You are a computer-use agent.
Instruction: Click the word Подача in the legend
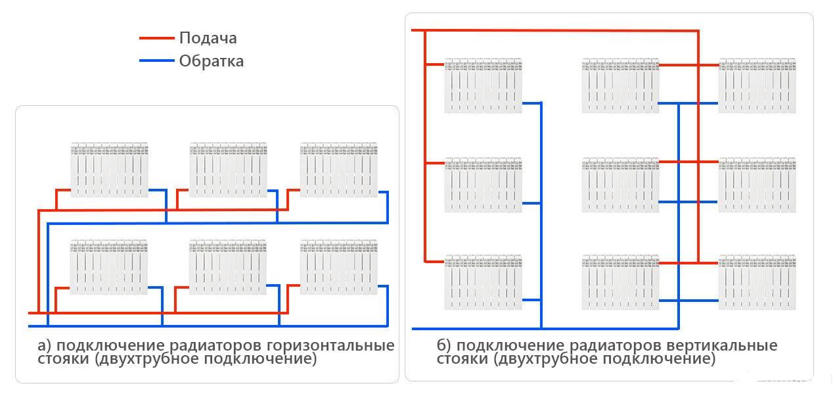(x=208, y=38)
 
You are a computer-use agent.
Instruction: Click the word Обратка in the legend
(x=211, y=61)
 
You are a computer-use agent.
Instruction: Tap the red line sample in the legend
(x=157, y=38)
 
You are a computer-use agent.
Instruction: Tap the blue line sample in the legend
(x=157, y=61)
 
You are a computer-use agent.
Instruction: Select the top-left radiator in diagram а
(x=110, y=169)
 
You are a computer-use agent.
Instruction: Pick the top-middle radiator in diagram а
(x=229, y=169)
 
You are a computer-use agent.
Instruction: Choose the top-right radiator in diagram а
(x=339, y=169)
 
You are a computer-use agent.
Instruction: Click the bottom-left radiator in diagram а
(x=110, y=267)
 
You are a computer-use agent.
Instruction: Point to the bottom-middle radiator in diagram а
(x=229, y=267)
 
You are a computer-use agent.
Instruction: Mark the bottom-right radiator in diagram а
(x=339, y=267)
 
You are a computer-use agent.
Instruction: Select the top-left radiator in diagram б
(x=483, y=86)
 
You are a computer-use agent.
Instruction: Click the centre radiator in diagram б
(x=620, y=185)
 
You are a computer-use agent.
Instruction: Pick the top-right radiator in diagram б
(x=757, y=86)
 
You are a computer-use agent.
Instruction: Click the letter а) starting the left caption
(x=44, y=346)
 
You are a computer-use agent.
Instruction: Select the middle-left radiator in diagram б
(x=483, y=185)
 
